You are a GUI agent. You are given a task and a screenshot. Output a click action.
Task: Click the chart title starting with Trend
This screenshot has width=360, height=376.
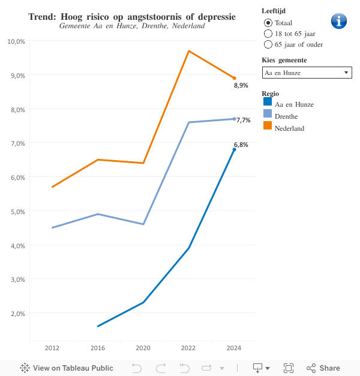tap(132, 17)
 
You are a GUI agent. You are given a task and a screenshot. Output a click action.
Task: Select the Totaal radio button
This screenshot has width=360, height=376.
tap(268, 23)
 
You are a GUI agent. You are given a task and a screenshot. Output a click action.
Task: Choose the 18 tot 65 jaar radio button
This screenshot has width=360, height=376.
tap(268, 34)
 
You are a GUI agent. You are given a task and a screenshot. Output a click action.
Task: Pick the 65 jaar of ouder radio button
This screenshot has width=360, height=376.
tap(268, 44)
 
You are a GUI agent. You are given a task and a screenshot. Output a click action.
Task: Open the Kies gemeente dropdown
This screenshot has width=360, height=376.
tap(307, 73)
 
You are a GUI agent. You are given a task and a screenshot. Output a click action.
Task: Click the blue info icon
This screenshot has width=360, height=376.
tap(339, 21)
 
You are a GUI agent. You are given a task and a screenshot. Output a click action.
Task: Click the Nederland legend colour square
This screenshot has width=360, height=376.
tap(268, 126)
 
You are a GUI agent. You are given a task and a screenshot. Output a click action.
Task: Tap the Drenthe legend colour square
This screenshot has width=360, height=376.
tap(268, 114)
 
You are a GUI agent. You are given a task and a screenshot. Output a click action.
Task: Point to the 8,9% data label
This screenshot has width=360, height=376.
tap(241, 86)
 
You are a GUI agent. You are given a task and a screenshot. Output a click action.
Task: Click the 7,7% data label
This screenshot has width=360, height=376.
tap(243, 120)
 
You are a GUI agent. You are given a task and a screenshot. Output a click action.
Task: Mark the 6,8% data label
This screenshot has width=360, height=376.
tap(241, 145)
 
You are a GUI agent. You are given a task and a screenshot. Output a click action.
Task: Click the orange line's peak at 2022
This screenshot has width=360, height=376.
tap(189, 51)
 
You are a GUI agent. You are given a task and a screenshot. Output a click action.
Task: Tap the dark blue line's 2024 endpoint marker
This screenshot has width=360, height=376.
tap(235, 149)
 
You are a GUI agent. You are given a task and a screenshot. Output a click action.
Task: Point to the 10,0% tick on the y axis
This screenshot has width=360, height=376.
tap(16, 41)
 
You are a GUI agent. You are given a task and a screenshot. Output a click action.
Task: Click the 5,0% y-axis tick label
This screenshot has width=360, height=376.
tap(17, 211)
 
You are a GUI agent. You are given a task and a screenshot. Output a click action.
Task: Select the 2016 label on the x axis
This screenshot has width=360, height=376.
tap(98, 348)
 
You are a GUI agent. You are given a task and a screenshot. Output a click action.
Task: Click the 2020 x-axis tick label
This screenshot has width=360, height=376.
tap(143, 348)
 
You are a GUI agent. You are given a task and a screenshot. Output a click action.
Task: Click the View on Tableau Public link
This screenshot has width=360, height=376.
tap(67, 368)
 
